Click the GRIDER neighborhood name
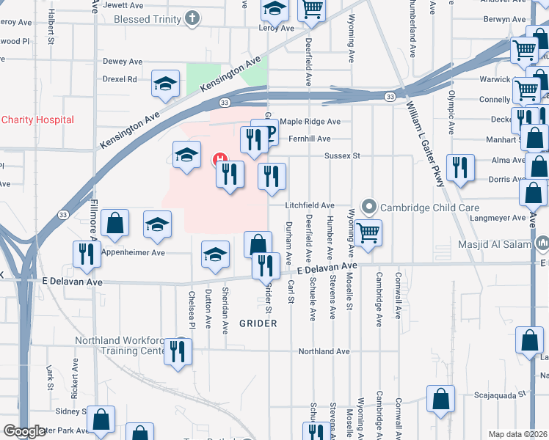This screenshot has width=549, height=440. tap(258, 323)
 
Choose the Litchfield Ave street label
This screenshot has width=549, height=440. tap(310, 205)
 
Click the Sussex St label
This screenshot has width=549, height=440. tap(343, 155)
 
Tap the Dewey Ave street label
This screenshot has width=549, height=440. tap(123, 62)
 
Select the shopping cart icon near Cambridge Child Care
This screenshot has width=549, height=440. tap(368, 232)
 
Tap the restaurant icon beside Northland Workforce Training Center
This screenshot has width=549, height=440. tap(178, 351)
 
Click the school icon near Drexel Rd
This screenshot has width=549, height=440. tap(165, 83)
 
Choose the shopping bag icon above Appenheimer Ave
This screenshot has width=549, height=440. tap(115, 223)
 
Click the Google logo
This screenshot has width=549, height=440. tap(25, 432)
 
